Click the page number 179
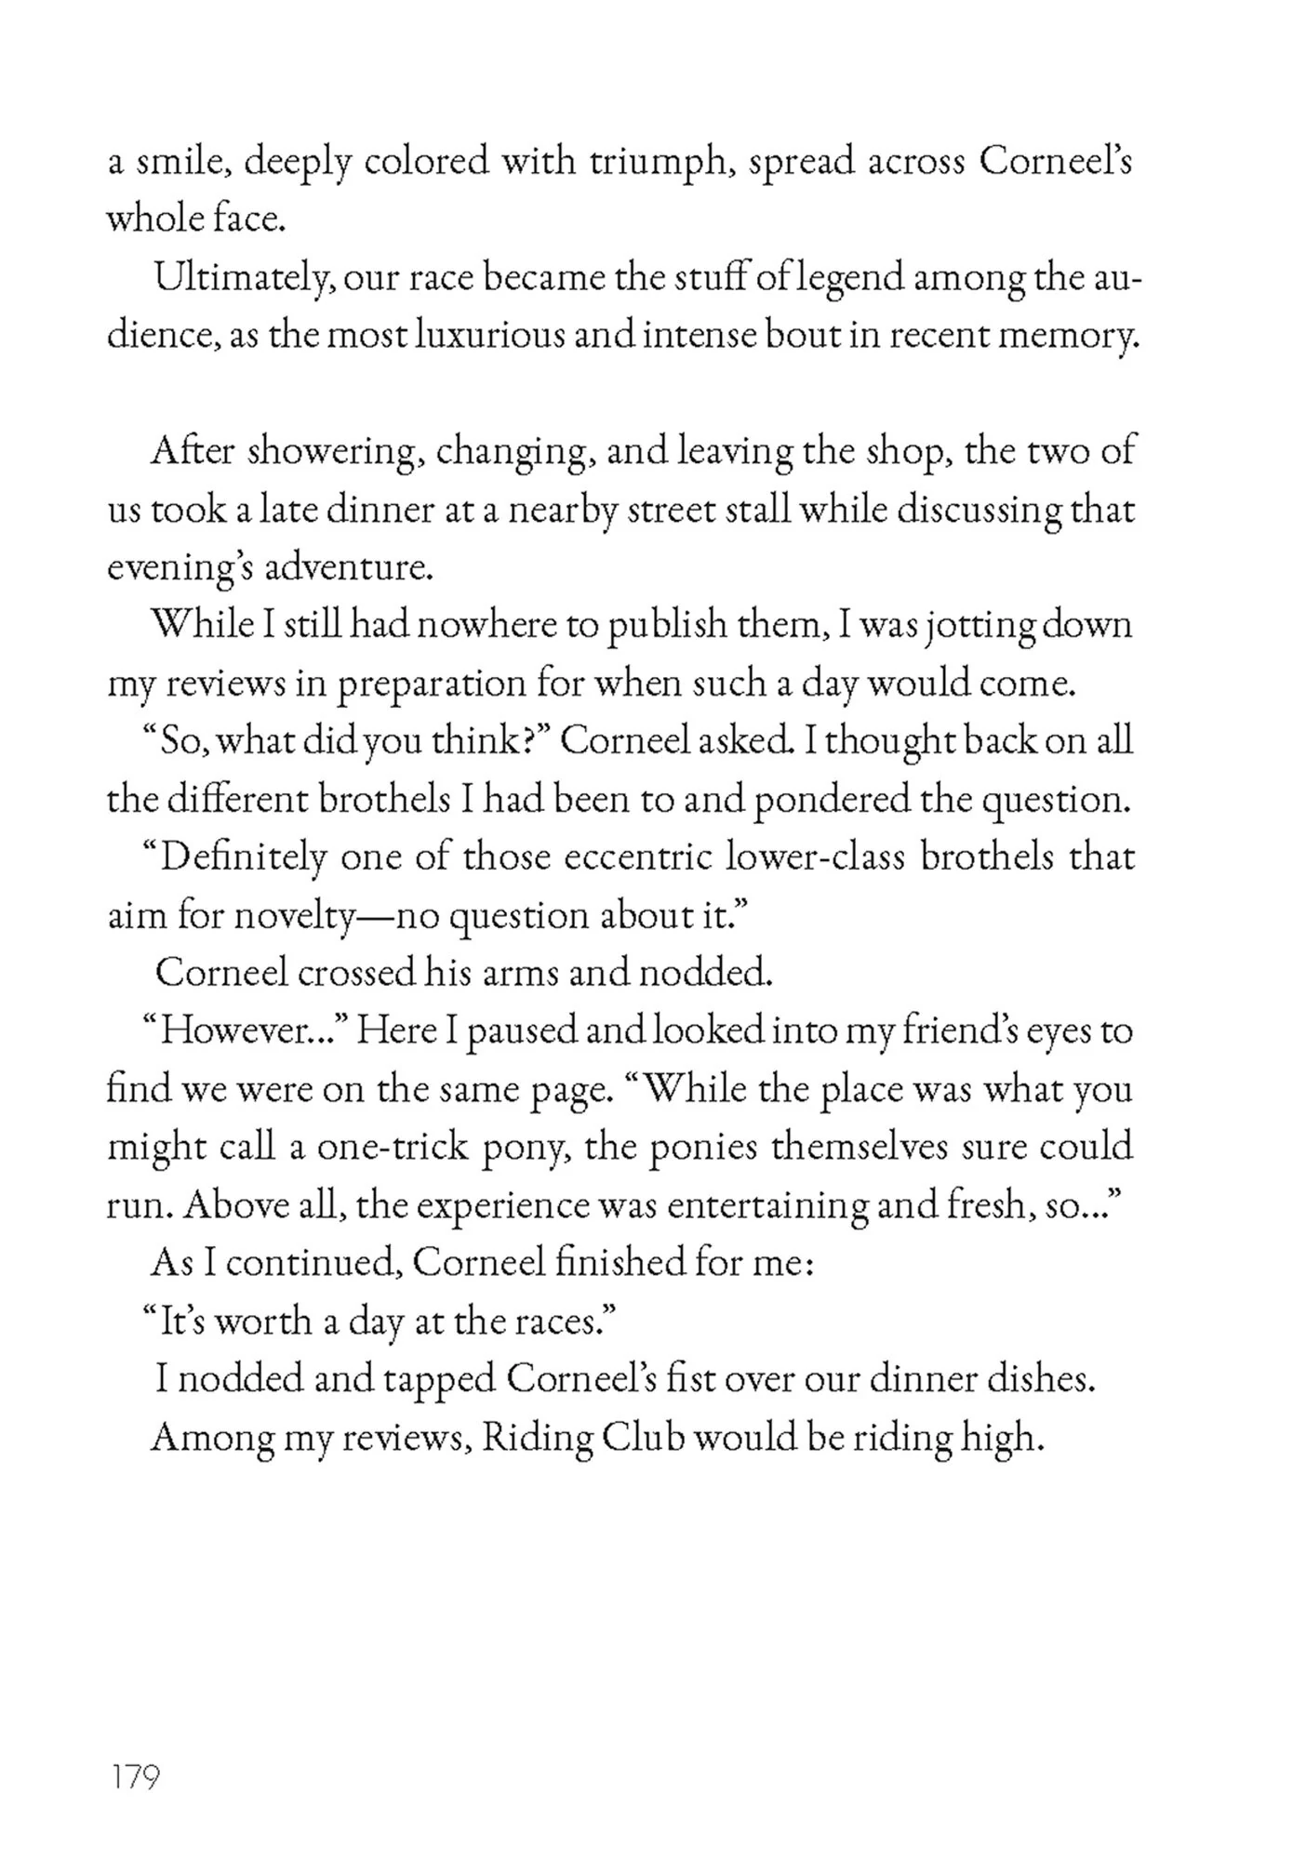click(x=136, y=1777)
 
